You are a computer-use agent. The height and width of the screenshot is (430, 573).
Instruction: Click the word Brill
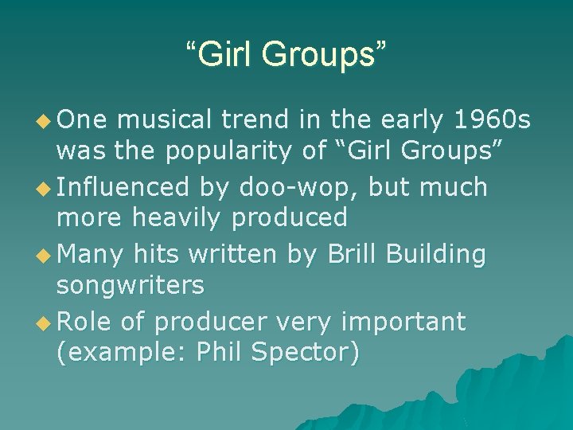coord(345,254)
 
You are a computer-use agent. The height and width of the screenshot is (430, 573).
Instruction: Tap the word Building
coord(436,254)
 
